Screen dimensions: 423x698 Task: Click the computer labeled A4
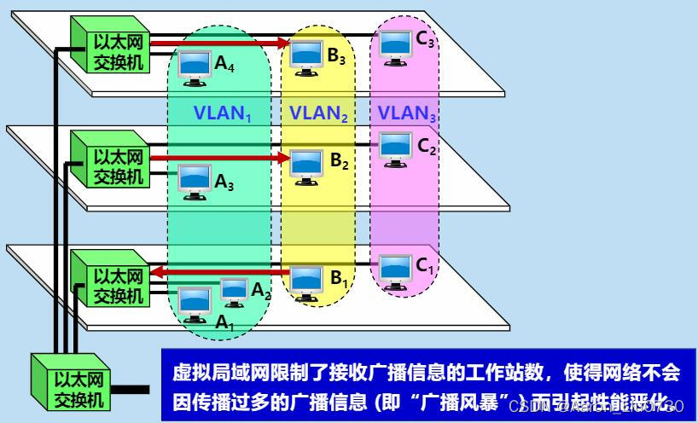[194, 64]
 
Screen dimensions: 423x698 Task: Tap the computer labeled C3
[395, 44]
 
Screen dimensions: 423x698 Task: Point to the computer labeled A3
[194, 180]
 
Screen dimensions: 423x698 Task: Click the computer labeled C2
[395, 148]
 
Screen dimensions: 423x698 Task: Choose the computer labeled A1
[194, 302]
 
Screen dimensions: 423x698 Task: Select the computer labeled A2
[233, 290]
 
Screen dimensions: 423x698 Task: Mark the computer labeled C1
[395, 268]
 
